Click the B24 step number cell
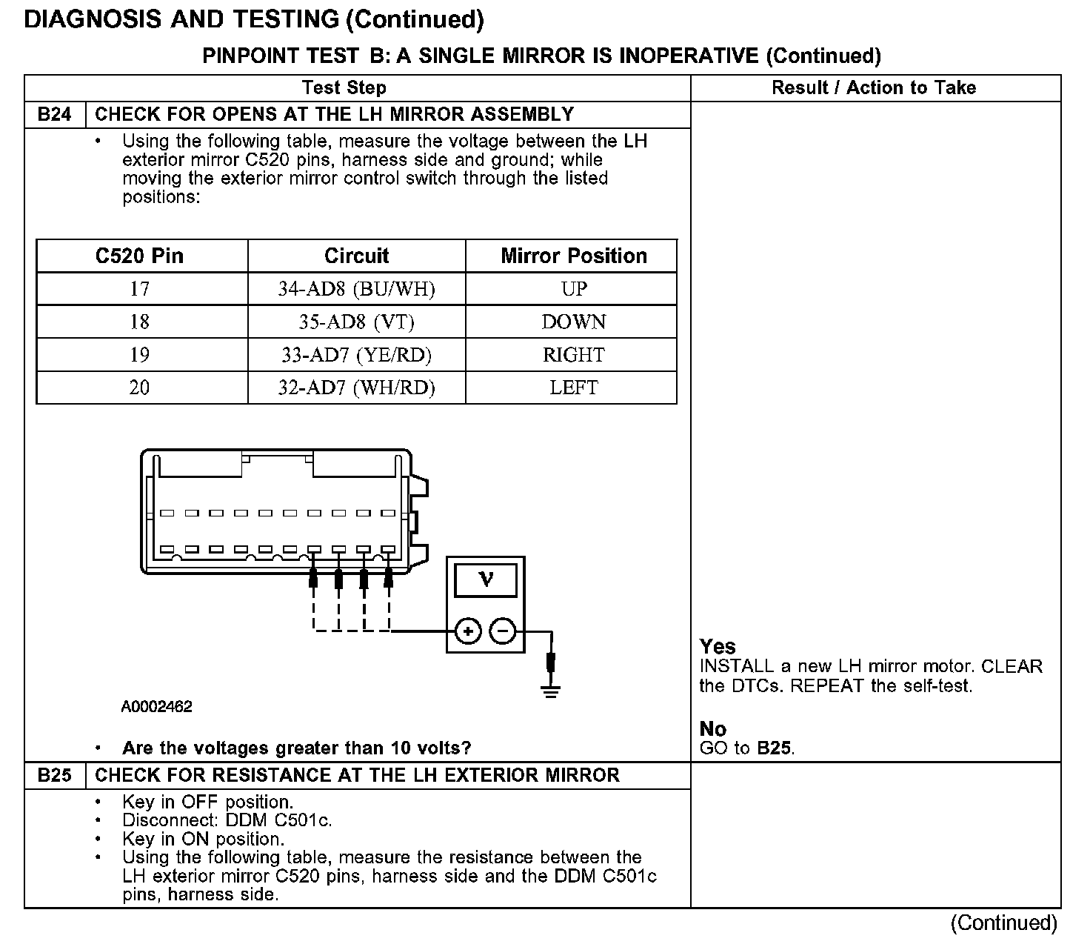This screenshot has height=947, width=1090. [x=55, y=114]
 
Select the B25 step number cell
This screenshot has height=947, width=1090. [x=55, y=775]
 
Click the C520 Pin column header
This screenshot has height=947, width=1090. [x=139, y=256]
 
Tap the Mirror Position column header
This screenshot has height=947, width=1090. [x=574, y=256]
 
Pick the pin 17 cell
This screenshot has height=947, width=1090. [x=139, y=289]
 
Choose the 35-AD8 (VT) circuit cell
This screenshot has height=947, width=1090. [x=356, y=322]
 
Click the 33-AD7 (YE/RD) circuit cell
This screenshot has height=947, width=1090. [x=356, y=355]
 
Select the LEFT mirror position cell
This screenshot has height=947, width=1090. [x=574, y=388]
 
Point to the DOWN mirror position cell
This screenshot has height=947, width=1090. [x=574, y=322]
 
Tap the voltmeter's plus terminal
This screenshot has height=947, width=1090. [x=468, y=632]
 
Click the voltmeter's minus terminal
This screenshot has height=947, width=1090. [x=503, y=632]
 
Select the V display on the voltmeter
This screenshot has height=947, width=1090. [x=486, y=579]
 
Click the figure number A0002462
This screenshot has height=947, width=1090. [x=156, y=707]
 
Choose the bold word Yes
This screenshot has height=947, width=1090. [x=718, y=646]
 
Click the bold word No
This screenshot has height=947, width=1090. [x=713, y=729]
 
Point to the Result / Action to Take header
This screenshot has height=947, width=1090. [x=874, y=87]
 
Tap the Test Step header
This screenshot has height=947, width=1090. [x=344, y=87]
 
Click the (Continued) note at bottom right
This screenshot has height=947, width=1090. [x=1004, y=923]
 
